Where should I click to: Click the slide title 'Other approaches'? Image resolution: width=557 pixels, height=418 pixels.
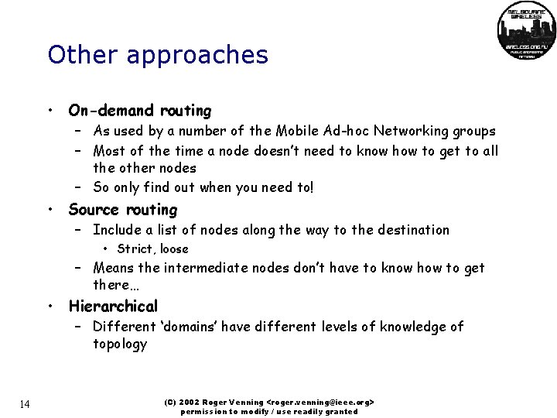(158, 55)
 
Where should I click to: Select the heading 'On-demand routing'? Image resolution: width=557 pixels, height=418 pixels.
(139, 111)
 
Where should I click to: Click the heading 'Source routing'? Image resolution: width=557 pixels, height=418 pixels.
(123, 210)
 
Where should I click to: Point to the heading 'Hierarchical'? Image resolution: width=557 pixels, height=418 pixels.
(113, 306)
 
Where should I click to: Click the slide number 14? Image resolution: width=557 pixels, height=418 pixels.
(26, 404)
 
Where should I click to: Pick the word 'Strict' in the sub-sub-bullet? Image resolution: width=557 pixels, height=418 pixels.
(135, 249)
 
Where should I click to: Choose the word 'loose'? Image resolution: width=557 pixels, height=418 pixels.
(174, 249)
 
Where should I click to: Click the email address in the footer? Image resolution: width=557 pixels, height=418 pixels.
(320, 403)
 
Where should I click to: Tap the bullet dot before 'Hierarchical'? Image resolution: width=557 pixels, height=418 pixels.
(49, 307)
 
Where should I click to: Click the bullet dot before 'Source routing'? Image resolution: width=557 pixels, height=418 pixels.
(49, 211)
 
